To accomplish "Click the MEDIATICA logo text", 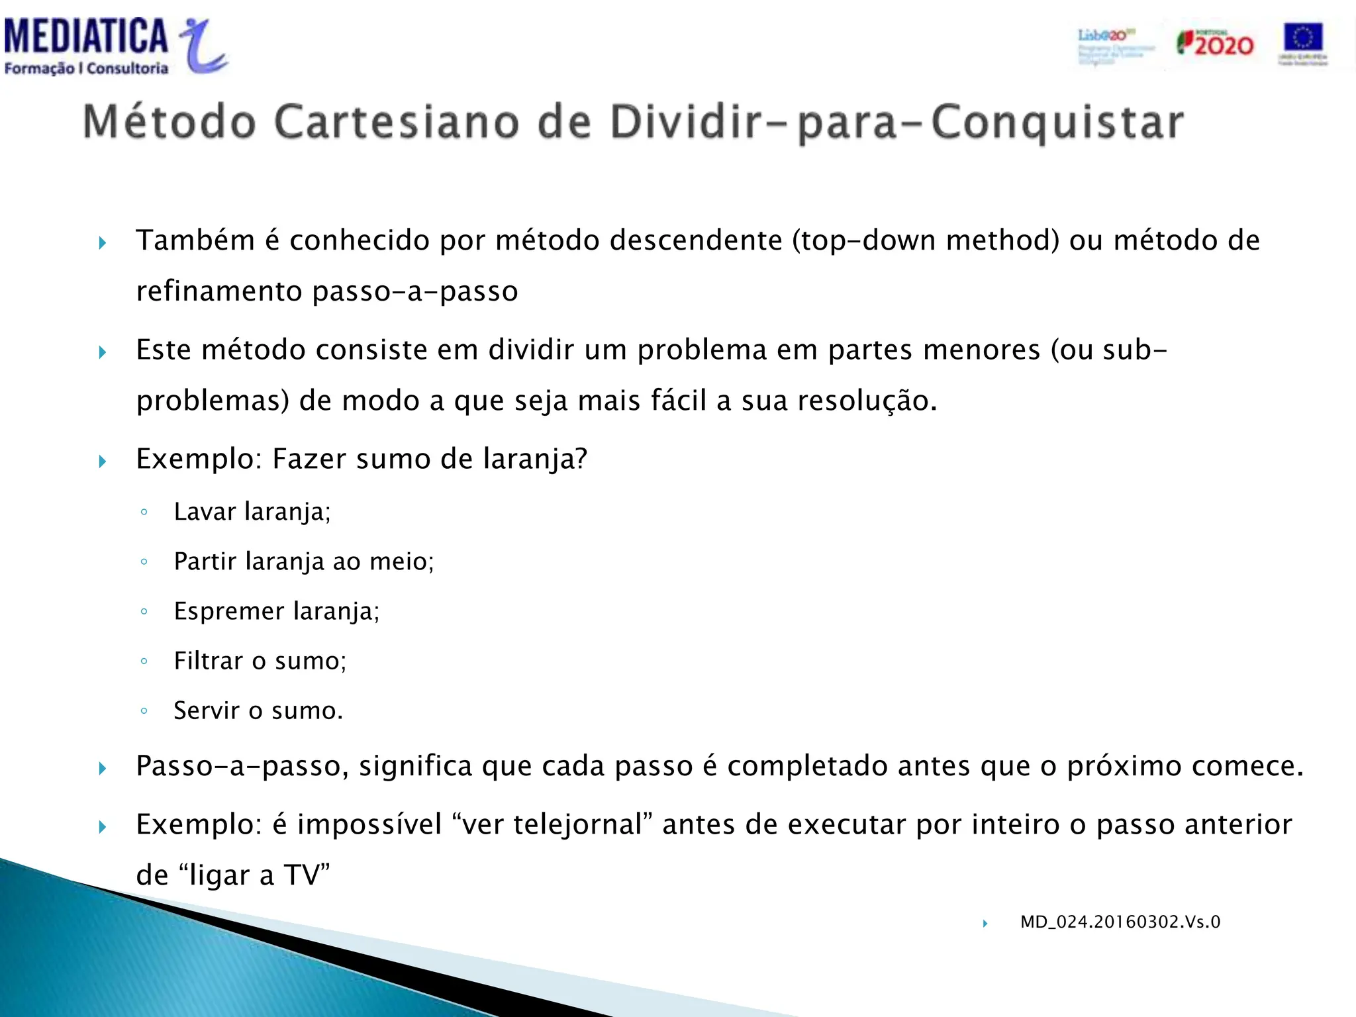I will tap(86, 37).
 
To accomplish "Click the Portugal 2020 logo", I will tap(1215, 44).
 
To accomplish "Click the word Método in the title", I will tap(169, 122).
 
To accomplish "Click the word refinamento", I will tap(218, 291).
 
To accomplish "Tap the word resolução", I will tap(867, 401).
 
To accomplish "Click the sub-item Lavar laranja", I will tap(252, 512).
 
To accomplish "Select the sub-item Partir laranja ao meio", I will tap(303, 561).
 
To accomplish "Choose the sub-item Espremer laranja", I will tap(276, 611).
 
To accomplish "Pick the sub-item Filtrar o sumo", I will tap(260, 661).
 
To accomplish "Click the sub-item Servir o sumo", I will tap(258, 710).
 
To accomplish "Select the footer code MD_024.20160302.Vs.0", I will tap(1120, 922).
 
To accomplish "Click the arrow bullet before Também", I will tap(103, 243).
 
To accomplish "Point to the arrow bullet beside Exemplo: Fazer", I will tap(103, 461).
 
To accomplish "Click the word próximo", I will tap(1124, 767).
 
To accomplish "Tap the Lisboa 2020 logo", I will tap(1115, 45).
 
